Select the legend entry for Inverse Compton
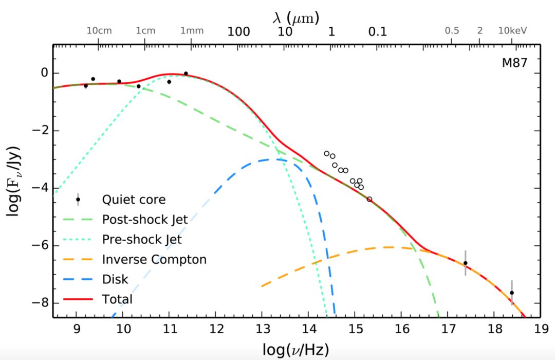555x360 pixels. (x=154, y=260)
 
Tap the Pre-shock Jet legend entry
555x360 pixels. (x=142, y=240)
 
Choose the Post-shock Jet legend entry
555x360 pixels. (x=145, y=220)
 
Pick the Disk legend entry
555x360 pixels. (x=115, y=280)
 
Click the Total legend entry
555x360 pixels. (x=117, y=299)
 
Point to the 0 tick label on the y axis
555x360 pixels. (x=44, y=74)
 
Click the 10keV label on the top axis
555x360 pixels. (x=513, y=31)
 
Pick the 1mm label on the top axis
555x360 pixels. (x=192, y=31)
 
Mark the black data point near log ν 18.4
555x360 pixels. (x=512, y=293)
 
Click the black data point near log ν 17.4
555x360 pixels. (x=466, y=263)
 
